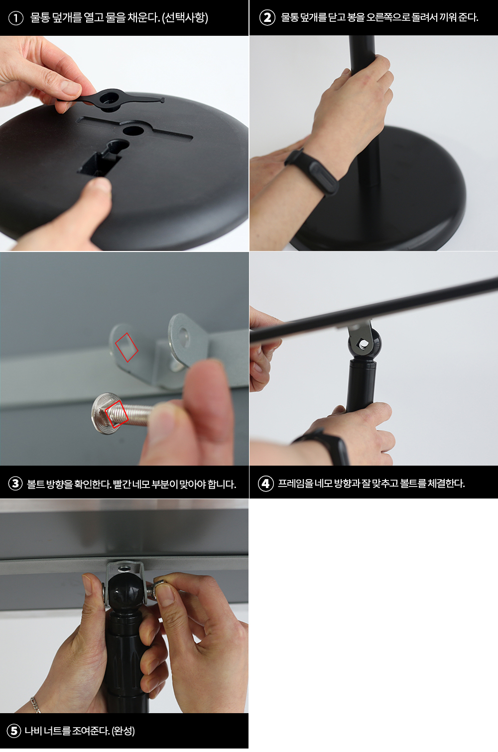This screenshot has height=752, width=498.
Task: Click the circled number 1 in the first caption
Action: [15, 18]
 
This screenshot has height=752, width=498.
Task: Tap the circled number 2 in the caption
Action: [267, 18]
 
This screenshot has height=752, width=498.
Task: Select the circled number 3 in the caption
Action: [15, 484]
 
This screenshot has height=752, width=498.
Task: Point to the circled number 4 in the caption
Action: [265, 484]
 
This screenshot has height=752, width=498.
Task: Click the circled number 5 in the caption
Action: [14, 731]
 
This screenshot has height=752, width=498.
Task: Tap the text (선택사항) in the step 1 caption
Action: [185, 17]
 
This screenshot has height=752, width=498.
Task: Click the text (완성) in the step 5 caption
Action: [123, 731]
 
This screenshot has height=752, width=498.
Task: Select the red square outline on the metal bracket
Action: [126, 347]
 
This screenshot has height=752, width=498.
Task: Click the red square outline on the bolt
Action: [117, 414]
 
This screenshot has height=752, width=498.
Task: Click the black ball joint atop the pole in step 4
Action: [365, 344]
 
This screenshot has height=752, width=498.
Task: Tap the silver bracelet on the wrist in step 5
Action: [35, 704]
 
